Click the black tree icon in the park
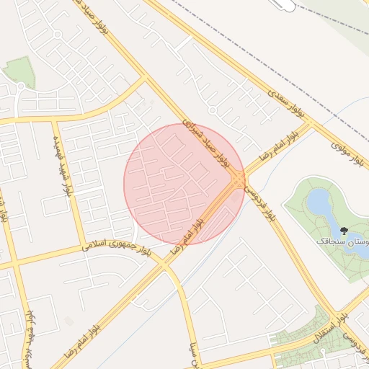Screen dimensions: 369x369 click(x=344, y=231)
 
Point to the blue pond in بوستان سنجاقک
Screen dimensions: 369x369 click(x=319, y=203)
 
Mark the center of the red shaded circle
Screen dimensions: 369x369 click(x=184, y=183)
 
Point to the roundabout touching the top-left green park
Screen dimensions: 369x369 click(x=21, y=86)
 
